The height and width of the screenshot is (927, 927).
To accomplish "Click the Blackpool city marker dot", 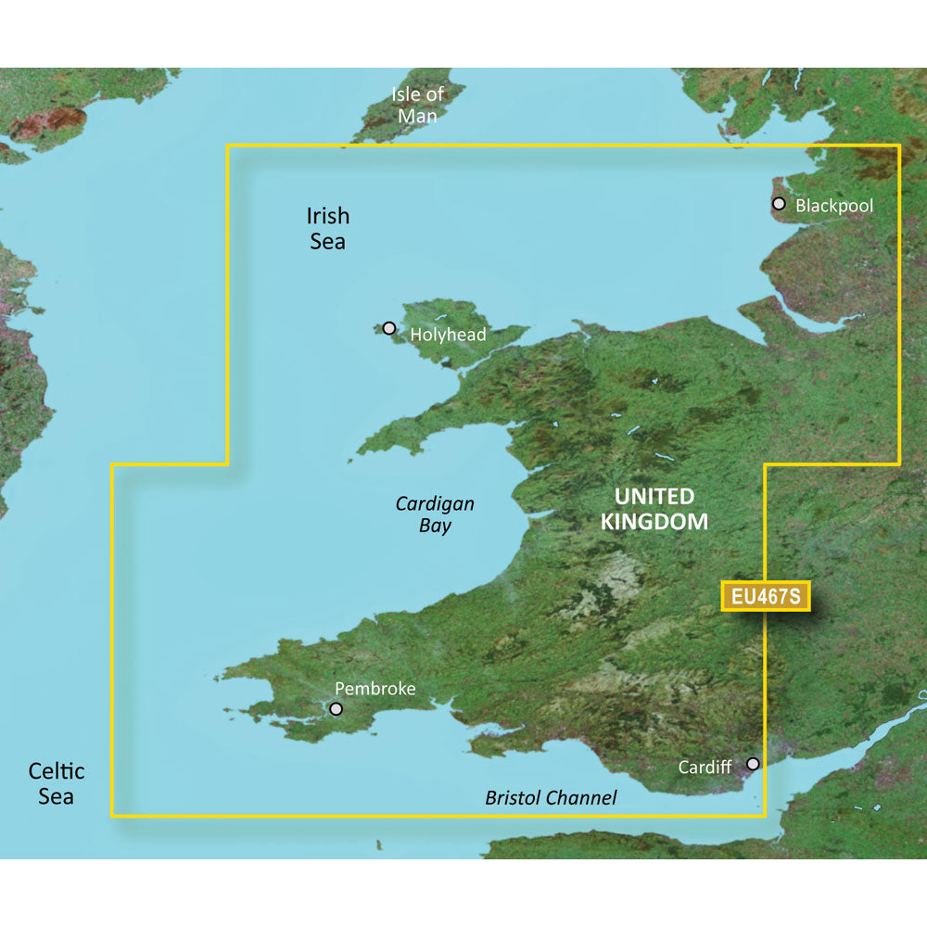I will click(x=779, y=204).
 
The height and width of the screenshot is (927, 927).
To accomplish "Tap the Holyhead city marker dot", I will click(x=389, y=328).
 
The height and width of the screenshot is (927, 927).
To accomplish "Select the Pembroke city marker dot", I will click(x=336, y=709).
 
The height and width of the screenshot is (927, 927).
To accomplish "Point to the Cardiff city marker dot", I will click(x=754, y=764).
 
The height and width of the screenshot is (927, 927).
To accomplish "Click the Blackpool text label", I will click(x=834, y=206).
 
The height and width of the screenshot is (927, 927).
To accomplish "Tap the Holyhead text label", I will click(x=448, y=335).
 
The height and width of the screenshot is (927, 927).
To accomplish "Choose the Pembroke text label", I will click(x=375, y=689).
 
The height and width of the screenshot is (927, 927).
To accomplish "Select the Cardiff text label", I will click(x=705, y=768).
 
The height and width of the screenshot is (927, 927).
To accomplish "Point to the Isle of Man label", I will click(x=417, y=105).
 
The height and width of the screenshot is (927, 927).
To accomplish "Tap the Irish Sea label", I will click(x=328, y=228).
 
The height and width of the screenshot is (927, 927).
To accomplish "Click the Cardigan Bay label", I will click(x=435, y=514).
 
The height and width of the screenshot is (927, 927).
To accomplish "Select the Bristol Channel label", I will click(x=551, y=798).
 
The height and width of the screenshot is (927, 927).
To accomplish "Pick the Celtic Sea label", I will click(x=57, y=783).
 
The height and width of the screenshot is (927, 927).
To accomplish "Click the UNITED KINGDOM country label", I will click(x=654, y=509).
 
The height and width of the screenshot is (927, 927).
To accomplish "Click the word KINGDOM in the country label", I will click(x=654, y=522).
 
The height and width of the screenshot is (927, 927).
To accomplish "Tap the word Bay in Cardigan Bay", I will click(x=435, y=527).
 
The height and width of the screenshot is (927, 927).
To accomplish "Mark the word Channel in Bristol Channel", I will click(x=581, y=798).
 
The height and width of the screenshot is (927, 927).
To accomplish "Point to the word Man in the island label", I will click(x=417, y=117).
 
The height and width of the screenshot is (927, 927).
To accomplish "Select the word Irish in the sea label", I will click(x=328, y=216).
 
